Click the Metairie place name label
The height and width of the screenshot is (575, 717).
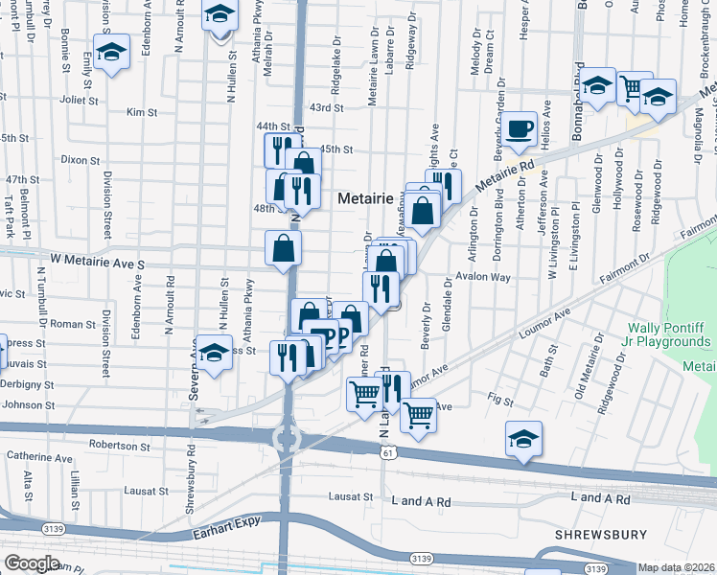(x=365, y=198)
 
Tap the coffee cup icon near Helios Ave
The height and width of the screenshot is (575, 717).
(x=520, y=129)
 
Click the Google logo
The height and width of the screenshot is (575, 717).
(x=31, y=563)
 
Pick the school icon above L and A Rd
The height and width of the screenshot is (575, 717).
(x=523, y=438)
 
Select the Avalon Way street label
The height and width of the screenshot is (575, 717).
(x=484, y=278)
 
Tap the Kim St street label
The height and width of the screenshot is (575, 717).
(x=141, y=112)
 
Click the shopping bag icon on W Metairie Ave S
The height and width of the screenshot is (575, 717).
(x=284, y=248)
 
